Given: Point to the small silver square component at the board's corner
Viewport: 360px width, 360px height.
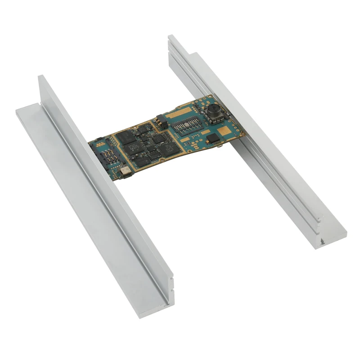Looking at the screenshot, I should (125, 171).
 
